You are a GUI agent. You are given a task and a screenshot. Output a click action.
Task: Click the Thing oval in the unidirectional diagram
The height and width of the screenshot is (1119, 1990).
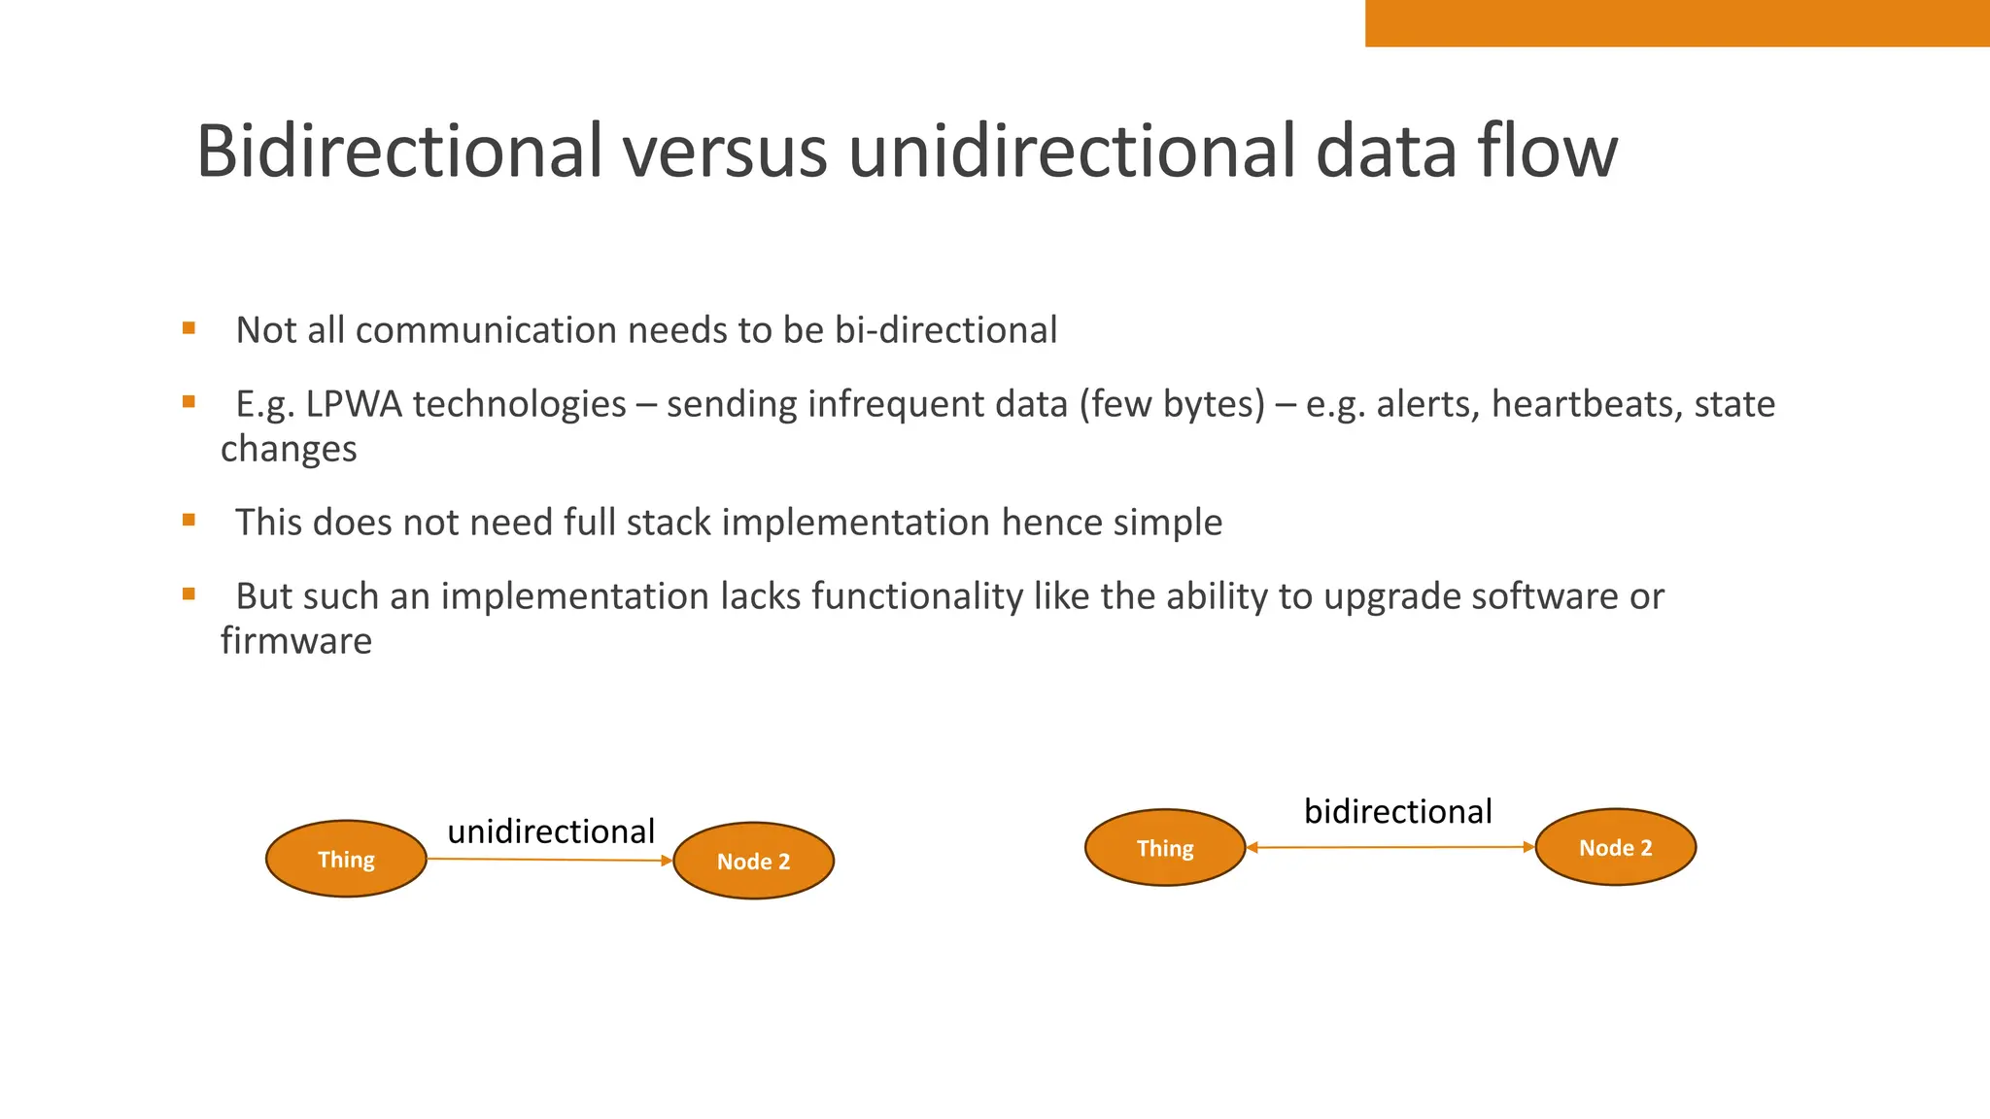pos(346,860)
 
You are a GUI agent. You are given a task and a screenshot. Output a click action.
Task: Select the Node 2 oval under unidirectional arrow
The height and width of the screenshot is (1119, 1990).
pos(753,862)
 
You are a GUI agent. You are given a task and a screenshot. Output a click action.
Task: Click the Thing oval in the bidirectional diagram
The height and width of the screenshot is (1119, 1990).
pos(1165,848)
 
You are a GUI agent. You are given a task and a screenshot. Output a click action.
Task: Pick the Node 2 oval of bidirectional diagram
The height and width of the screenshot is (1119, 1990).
pos(1615,848)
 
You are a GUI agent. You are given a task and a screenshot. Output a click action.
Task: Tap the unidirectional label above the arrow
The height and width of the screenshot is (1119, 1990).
pos(551,831)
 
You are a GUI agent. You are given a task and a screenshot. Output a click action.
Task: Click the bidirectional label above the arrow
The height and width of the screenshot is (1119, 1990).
pos(1397,811)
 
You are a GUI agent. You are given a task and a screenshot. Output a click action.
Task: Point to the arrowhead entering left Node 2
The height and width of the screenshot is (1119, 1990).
pos(667,861)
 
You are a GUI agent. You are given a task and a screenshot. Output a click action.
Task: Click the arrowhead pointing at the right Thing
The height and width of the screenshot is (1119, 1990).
pos(1252,848)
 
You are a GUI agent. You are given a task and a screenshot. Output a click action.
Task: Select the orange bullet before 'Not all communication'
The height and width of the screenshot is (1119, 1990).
pos(189,328)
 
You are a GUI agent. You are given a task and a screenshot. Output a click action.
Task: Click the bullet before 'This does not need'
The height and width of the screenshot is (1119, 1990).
pos(189,521)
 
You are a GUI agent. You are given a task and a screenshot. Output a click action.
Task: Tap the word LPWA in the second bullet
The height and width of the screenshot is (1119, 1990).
pos(354,404)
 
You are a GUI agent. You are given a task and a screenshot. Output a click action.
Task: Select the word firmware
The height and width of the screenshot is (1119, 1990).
pos(296,641)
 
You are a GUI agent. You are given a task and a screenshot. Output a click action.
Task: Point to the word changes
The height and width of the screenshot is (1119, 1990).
pos(289,450)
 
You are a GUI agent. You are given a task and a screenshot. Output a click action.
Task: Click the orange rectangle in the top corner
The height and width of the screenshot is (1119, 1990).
pos(1677,22)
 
